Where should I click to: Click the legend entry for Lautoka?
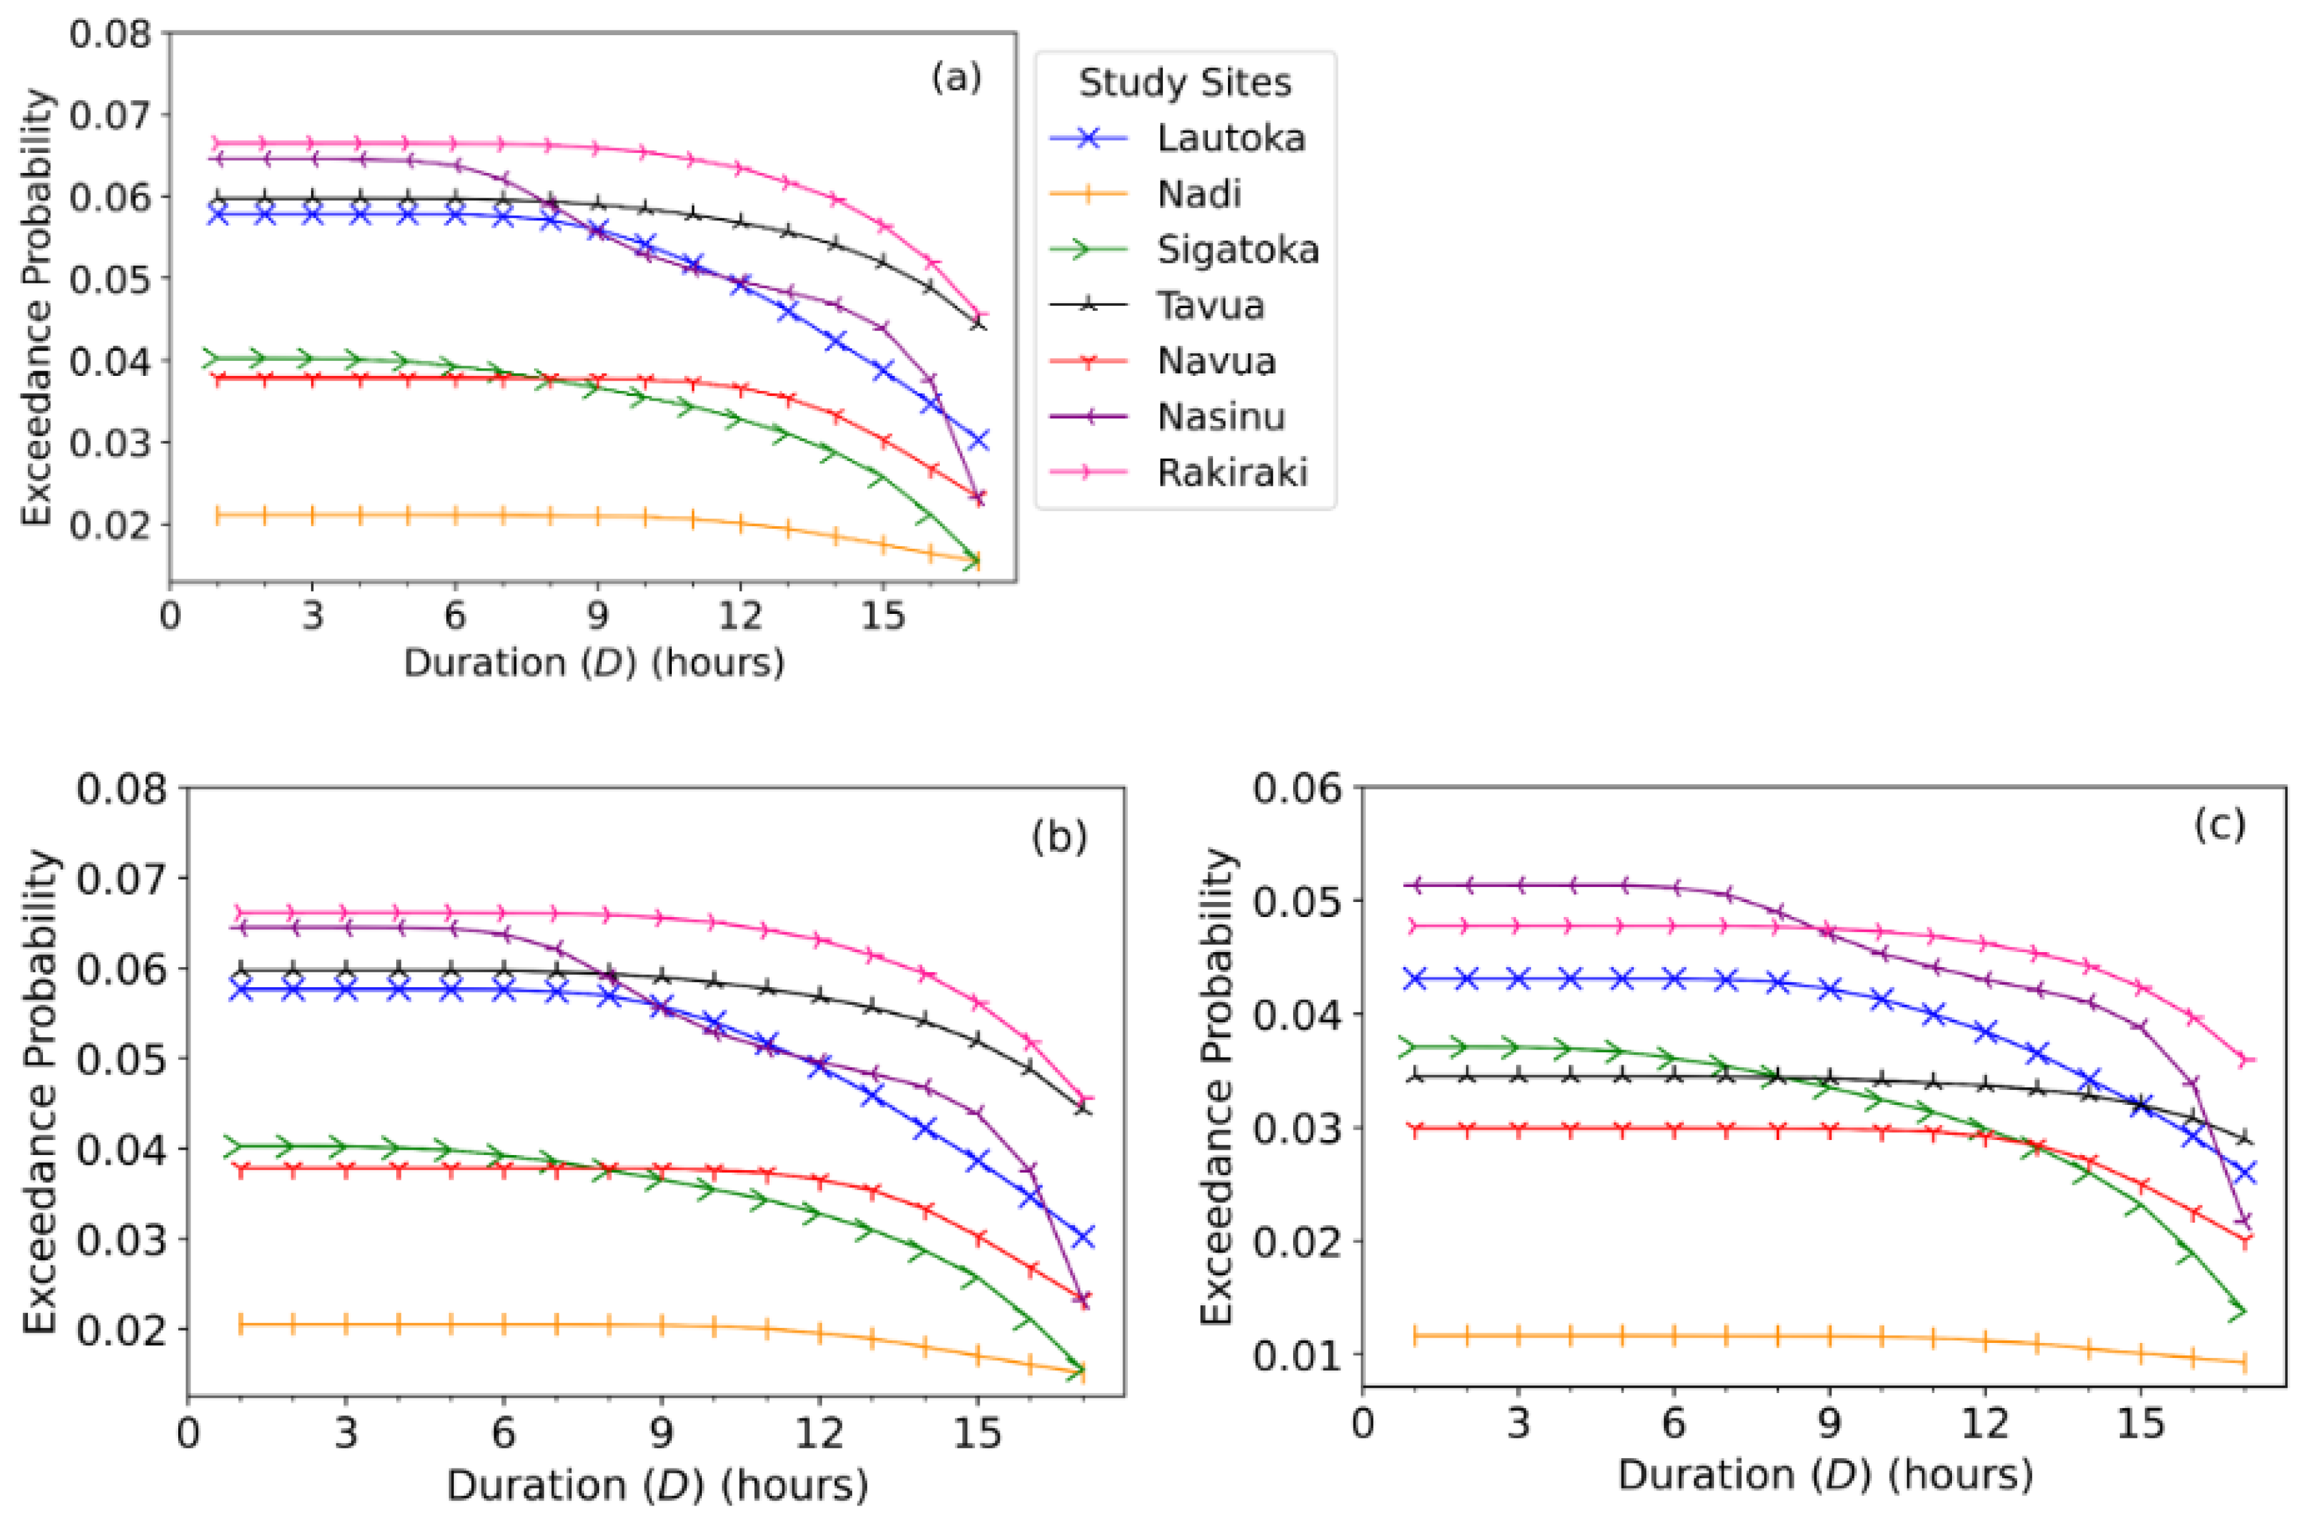[x=1230, y=139]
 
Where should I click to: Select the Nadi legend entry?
[x=1198, y=194]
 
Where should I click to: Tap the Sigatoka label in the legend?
[x=1237, y=250]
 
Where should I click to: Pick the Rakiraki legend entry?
[x=1232, y=473]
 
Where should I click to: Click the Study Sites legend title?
[x=1184, y=83]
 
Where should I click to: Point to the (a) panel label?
[x=956, y=77]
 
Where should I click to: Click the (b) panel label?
[x=1059, y=836]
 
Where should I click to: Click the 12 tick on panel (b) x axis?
[x=819, y=1433]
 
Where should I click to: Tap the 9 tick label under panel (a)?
[x=597, y=615]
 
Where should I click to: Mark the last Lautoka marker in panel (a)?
[x=979, y=439]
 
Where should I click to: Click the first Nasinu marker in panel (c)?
[x=1415, y=884]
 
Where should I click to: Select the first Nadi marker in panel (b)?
[x=241, y=1325]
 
